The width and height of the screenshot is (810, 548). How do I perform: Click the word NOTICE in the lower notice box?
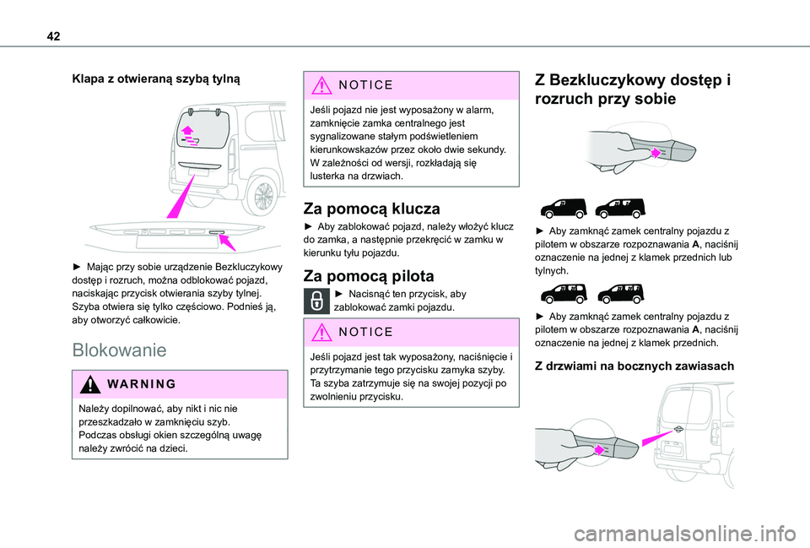tap(365, 332)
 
